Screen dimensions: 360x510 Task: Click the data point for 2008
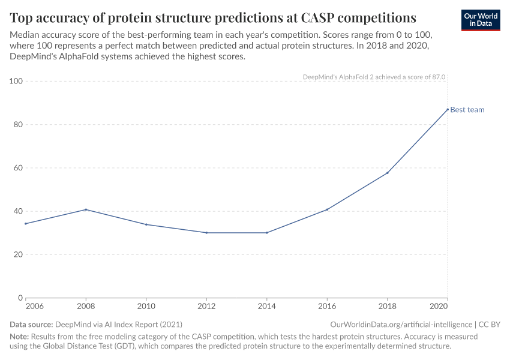pos(86,209)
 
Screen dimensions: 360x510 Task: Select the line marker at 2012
pos(206,233)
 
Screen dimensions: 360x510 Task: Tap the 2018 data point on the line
pos(388,173)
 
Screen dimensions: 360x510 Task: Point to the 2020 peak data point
pos(448,109)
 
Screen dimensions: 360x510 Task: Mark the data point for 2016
pos(327,209)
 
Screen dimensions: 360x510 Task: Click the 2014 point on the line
pos(267,233)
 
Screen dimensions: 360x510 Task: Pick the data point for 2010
pos(146,224)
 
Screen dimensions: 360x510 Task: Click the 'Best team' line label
pos(467,110)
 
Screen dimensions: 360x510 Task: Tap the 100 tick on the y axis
pos(16,81)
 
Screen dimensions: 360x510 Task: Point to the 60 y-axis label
pos(18,168)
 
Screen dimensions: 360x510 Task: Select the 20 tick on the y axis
pos(18,254)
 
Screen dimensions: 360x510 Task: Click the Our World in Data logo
pos(481,19)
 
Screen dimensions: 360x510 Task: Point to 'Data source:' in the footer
pos(32,324)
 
